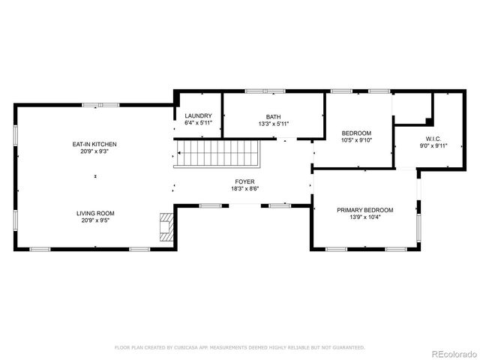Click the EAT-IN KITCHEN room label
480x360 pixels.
(94, 144)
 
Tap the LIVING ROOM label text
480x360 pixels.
(94, 213)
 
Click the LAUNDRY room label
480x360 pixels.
(199, 115)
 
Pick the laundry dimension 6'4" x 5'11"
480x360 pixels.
(199, 124)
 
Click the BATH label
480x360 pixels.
(273, 116)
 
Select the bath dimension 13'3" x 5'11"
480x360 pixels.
(273, 124)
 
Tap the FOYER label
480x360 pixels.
(244, 181)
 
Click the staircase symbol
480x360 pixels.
(217, 154)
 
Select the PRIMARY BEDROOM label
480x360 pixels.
(364, 210)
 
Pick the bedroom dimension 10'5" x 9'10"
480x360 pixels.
(356, 141)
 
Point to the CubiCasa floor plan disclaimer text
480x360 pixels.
(239, 347)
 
